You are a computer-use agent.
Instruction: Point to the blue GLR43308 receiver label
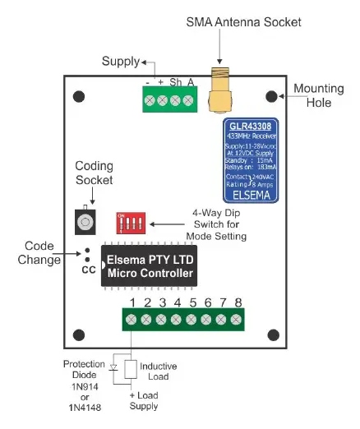pyautogui.click(x=250, y=161)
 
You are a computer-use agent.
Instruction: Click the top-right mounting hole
pyautogui.click(x=270, y=96)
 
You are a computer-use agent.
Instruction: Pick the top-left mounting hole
pyautogui.click(x=79, y=96)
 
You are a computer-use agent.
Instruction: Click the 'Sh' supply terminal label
pyautogui.click(x=176, y=83)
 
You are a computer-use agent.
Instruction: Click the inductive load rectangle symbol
pyautogui.click(x=130, y=368)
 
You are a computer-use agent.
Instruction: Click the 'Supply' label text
pyautogui.click(x=121, y=62)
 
